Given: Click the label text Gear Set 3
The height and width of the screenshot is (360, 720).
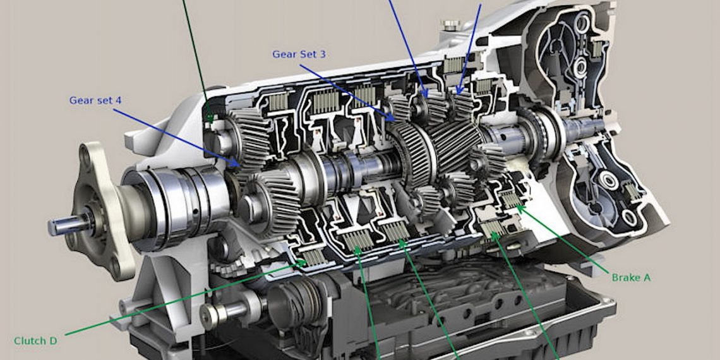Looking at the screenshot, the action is (x=299, y=54).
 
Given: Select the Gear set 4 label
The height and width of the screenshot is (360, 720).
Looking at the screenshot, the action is (x=95, y=100).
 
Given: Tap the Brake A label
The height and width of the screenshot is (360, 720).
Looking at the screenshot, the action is (x=631, y=277).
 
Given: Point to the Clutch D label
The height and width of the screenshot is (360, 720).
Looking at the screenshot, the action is (x=35, y=340).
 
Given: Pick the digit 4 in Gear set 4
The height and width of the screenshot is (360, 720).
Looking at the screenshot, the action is (x=118, y=100).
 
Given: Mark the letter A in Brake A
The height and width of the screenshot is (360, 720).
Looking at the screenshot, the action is (x=647, y=277).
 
